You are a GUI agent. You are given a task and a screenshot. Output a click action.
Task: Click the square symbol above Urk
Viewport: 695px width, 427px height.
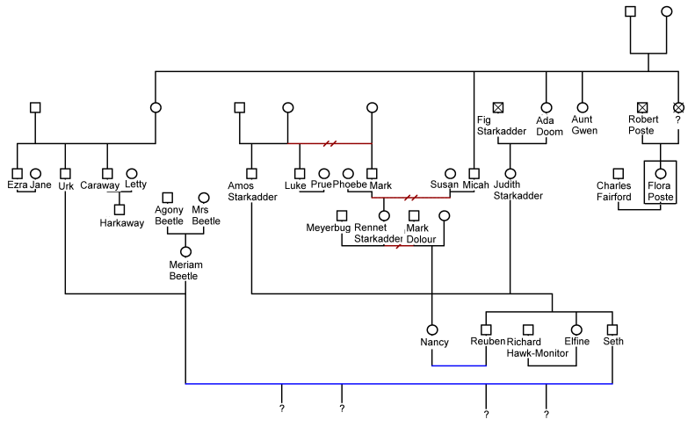tap(65, 173)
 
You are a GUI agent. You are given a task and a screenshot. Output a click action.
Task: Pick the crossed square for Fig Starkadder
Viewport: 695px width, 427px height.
tap(498, 107)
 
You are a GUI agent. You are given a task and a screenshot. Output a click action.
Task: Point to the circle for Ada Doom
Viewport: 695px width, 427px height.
tap(546, 107)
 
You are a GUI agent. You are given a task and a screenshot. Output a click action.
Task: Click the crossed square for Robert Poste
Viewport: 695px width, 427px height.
tap(642, 107)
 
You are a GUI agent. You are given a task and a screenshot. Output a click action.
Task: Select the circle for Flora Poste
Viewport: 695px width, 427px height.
tap(660, 173)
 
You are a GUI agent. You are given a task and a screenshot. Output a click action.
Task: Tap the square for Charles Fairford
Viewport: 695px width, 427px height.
tap(619, 173)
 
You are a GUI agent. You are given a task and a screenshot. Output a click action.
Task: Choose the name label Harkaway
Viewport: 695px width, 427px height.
tap(119, 223)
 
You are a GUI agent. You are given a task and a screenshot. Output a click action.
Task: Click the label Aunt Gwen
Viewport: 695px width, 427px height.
tap(584, 125)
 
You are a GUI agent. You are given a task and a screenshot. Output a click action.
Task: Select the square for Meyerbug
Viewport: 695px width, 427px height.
tap(342, 214)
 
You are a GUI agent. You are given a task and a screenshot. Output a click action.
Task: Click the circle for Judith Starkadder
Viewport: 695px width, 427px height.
tap(510, 173)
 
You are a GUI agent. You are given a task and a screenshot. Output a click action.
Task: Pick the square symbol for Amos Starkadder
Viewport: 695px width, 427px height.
tap(251, 173)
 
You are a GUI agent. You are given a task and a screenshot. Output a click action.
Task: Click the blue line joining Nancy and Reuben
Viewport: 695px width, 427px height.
tap(460, 365)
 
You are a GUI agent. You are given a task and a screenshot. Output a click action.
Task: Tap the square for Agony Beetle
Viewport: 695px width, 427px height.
tap(168, 198)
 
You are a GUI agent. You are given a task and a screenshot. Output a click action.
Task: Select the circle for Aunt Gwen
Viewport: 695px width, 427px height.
tap(582, 107)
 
